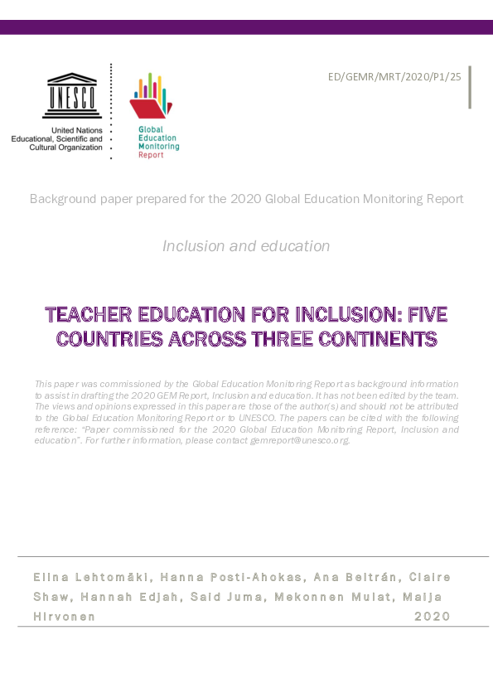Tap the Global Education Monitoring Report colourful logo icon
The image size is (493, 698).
tap(151, 96)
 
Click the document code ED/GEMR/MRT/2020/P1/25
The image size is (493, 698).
tap(395, 78)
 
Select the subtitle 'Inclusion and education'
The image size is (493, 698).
tap(246, 246)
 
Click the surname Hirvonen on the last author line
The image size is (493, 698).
tap(64, 617)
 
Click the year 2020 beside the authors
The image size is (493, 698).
tap(432, 617)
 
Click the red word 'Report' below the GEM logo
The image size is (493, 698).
tap(151, 155)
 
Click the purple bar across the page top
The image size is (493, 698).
tap(246, 27)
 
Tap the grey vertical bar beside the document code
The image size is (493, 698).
tap(470, 87)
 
